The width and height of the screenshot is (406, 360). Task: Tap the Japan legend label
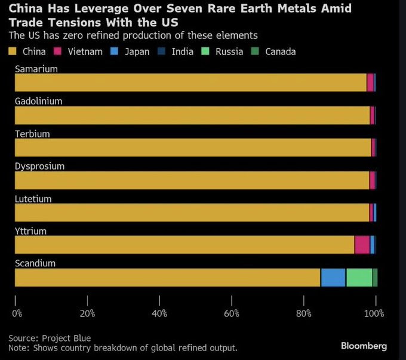(x=137, y=51)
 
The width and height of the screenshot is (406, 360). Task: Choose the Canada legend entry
(x=280, y=51)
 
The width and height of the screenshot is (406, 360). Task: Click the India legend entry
(x=182, y=51)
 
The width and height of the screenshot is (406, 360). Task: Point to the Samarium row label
(x=36, y=69)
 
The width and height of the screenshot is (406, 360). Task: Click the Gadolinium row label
(x=38, y=101)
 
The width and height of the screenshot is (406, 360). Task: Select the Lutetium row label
(x=33, y=199)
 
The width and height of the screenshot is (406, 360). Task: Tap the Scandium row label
(x=35, y=263)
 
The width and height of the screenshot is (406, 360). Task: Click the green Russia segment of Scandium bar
(x=359, y=278)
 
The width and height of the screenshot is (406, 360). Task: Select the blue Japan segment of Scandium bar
(x=333, y=278)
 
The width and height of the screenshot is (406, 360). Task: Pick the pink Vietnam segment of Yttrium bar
(x=362, y=245)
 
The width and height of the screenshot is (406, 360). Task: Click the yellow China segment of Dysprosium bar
(x=191, y=180)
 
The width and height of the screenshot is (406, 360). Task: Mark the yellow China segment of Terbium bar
(x=191, y=147)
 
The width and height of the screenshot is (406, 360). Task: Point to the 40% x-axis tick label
(x=160, y=313)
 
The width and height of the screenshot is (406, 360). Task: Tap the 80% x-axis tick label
(x=304, y=313)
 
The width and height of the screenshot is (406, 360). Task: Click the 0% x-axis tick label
(x=17, y=313)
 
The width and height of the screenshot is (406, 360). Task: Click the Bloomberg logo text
(x=364, y=346)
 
